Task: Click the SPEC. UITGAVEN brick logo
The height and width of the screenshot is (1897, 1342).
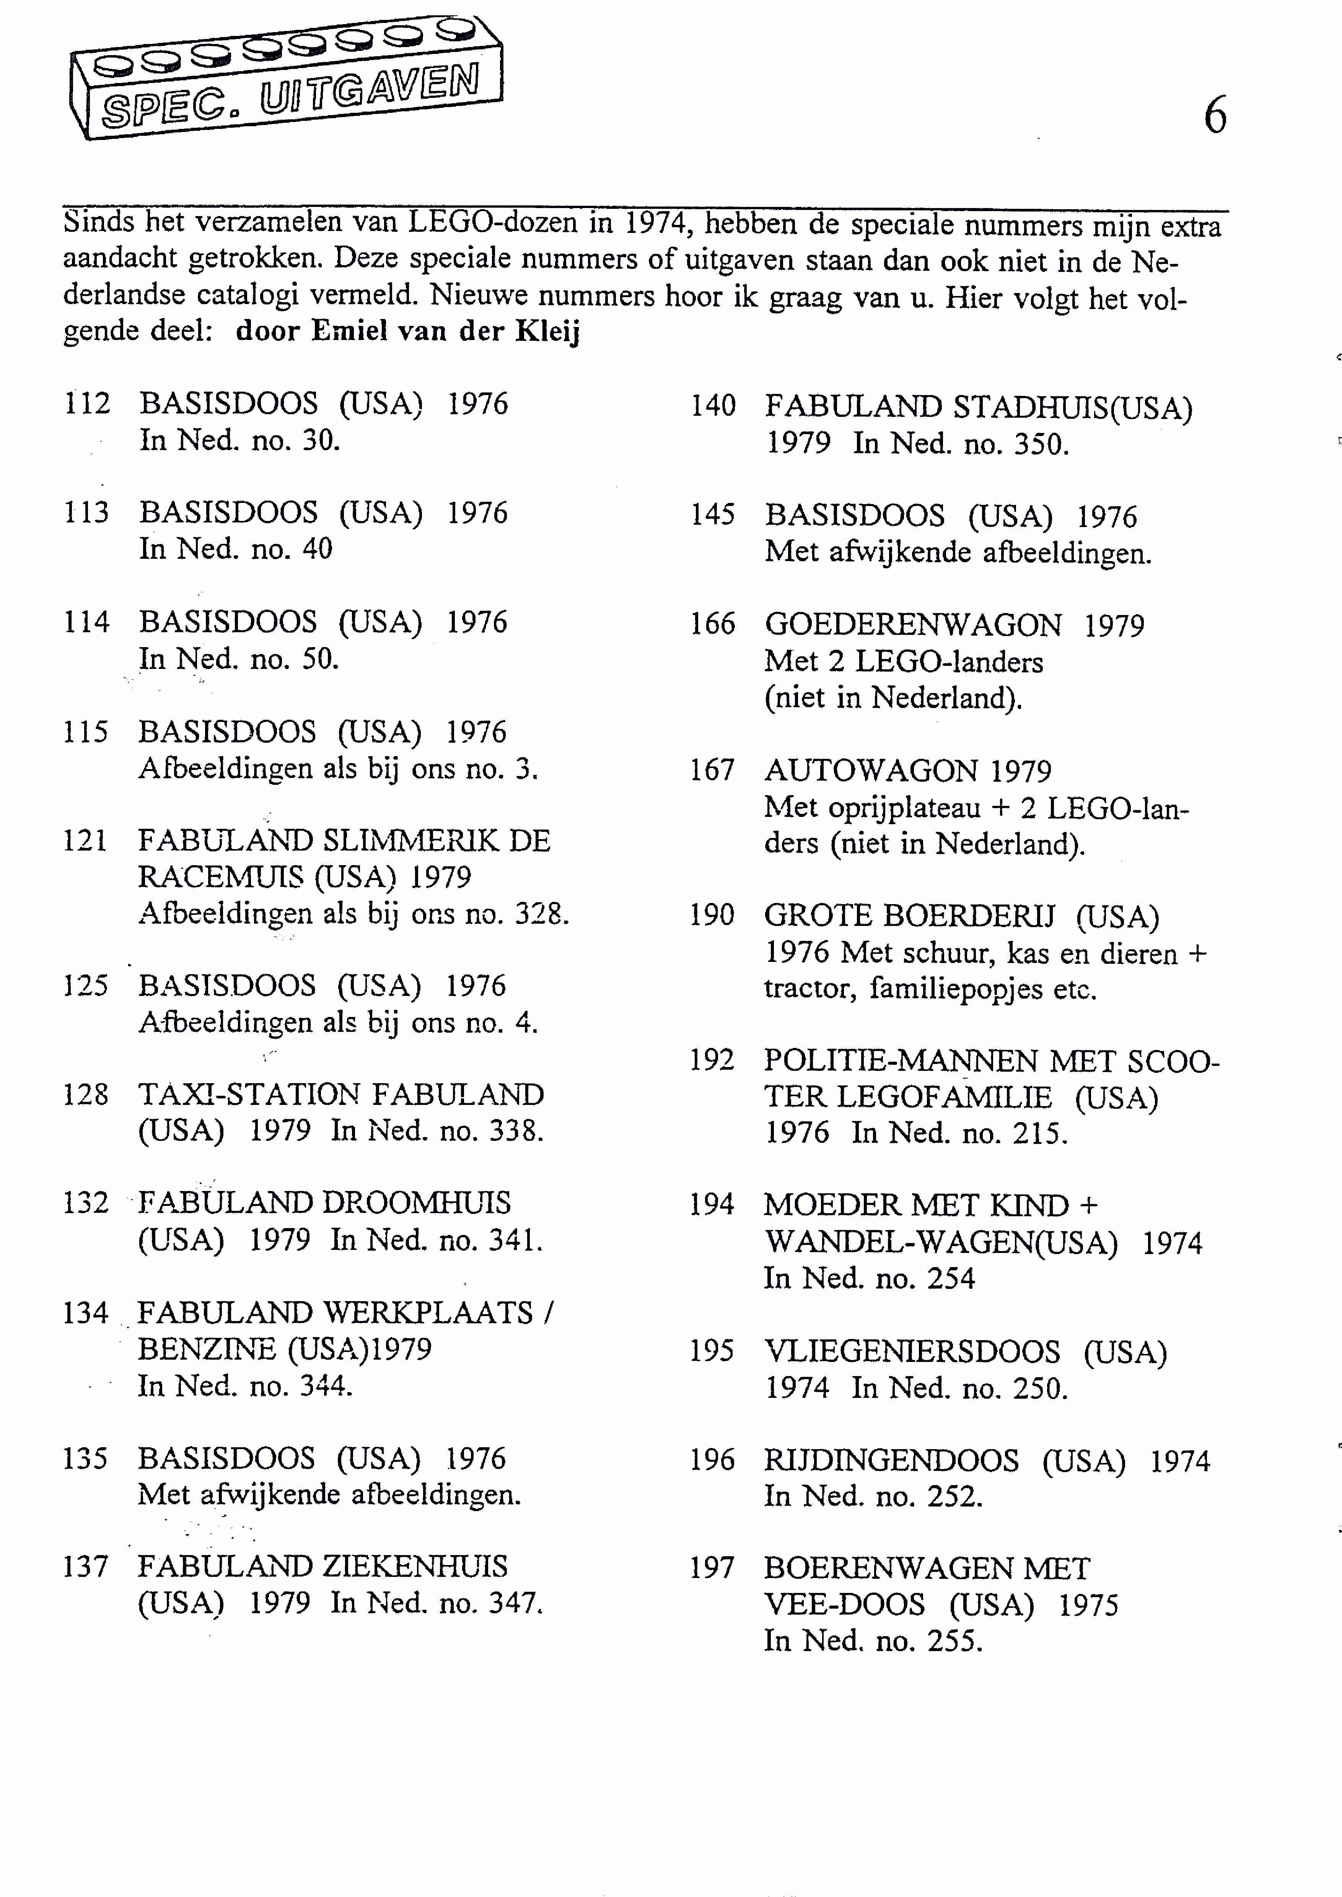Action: pos(285,78)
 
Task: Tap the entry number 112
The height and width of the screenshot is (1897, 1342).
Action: pos(87,404)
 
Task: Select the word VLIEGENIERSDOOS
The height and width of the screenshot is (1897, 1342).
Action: pos(912,1352)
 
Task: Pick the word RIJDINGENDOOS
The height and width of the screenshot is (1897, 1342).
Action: pos(891,1461)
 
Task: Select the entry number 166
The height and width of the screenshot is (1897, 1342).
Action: pos(712,624)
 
